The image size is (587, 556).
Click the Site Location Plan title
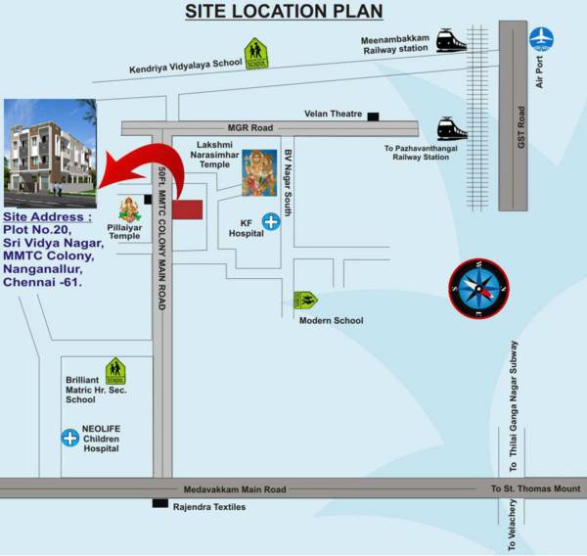coord(284,12)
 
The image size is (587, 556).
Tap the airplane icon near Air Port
coord(541,38)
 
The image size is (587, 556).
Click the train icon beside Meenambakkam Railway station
coord(451,40)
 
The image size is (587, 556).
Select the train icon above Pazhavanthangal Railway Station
coord(452,128)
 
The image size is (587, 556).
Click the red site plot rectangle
coord(187,209)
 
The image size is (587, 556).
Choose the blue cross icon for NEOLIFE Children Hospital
coord(69,438)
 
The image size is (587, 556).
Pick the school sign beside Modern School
coord(307,301)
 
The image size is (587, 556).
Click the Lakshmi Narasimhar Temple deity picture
coord(259,172)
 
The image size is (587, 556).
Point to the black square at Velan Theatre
coord(373,116)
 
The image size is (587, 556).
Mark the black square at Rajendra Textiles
coord(160,503)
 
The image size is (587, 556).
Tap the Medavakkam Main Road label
coord(235,488)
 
